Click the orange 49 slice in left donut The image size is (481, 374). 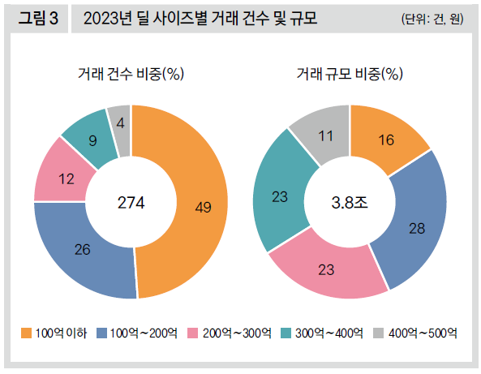coord(203,207)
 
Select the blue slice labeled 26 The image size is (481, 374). coord(82,248)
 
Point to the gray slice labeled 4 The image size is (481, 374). coord(120,124)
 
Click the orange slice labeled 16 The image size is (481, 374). coord(387,140)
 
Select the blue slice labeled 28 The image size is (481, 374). coord(417,229)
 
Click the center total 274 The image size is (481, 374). coord(131,203)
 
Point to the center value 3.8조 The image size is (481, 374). coord(350,203)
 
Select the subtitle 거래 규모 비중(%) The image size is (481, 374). coord(350,75)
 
